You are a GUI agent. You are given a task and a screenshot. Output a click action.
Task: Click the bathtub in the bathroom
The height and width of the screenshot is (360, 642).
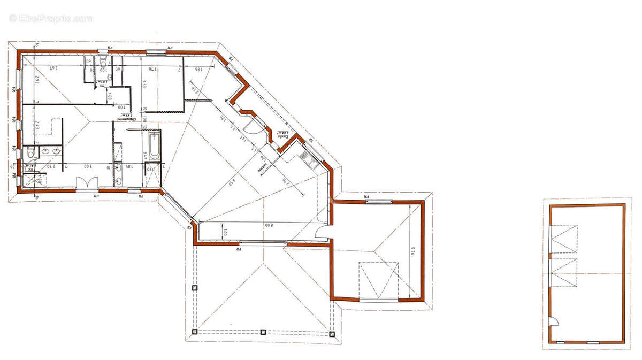(x=154, y=147)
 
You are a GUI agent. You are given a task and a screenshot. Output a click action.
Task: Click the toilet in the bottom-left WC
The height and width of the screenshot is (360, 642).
(x=30, y=155)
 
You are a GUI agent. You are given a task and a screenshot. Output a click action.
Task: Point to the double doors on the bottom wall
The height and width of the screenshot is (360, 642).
(x=86, y=183)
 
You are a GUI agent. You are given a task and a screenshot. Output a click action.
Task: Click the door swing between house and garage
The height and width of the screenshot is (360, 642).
(x=322, y=232)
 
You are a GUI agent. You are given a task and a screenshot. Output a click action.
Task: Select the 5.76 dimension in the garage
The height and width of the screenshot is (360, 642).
(x=412, y=251)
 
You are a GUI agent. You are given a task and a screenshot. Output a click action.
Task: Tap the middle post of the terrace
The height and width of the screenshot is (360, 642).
(x=263, y=332)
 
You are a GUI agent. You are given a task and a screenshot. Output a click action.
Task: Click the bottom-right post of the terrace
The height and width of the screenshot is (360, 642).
(x=332, y=334)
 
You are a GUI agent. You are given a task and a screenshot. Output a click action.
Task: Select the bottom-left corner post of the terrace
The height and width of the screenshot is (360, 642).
(x=194, y=332)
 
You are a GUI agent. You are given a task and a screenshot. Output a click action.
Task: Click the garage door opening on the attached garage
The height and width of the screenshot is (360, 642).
(x=379, y=300)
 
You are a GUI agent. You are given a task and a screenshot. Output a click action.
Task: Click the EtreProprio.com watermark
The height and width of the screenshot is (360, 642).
(x=51, y=18)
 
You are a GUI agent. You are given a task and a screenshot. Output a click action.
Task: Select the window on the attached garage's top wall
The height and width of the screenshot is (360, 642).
(x=379, y=201)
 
